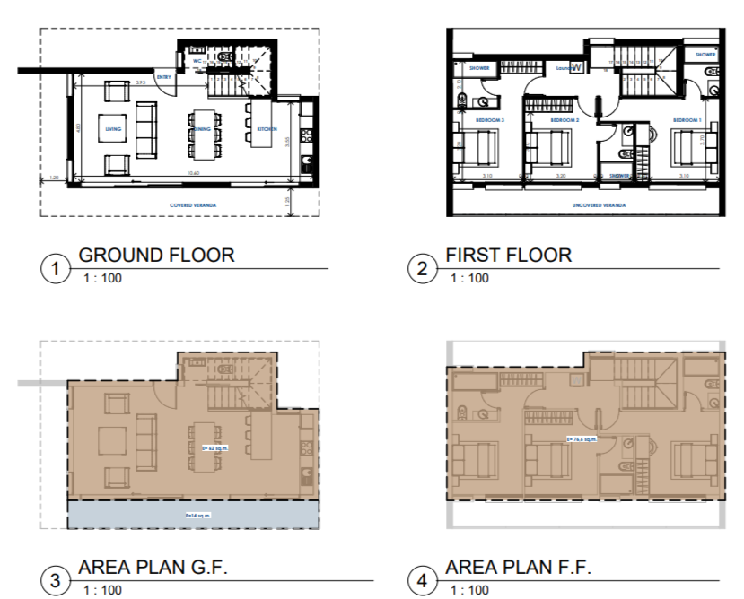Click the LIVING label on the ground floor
coord(114,129)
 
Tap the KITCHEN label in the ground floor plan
coord(267,129)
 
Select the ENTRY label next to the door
coord(164,78)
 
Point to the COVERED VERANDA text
coord(194,205)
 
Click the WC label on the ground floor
coord(197,62)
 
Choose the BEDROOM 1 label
coord(687,119)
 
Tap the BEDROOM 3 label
coord(490,119)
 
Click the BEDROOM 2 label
coord(564,119)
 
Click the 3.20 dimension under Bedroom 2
coord(562,177)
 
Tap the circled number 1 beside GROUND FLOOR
coord(57,268)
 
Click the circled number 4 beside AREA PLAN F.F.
coord(422,580)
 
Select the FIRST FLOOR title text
coord(508,255)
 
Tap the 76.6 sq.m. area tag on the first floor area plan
coord(582,439)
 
